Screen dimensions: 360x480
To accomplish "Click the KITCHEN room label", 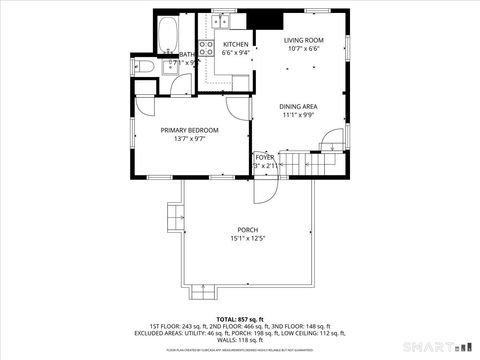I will (236, 45).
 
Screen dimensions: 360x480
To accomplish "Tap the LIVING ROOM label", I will (304, 40).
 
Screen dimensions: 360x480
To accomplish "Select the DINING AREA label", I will (299, 106).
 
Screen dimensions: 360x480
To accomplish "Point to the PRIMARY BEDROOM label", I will (190, 130).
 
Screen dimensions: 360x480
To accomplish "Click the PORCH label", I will (247, 229).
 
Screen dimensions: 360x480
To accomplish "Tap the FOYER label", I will (264, 157).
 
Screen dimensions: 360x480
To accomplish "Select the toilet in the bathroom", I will (144, 66).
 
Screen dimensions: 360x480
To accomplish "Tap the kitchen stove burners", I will (206, 52).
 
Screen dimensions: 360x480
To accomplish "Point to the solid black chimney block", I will (264, 22).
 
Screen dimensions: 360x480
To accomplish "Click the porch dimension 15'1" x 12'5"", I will (247, 238).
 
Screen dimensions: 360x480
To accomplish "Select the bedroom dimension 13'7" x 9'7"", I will (190, 139).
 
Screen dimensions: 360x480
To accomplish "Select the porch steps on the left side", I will (175, 215).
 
